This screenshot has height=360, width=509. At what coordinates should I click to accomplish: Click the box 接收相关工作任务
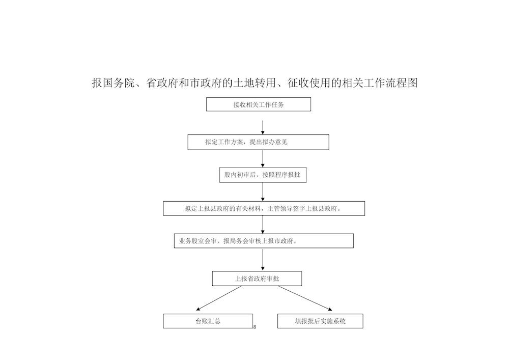[259, 104]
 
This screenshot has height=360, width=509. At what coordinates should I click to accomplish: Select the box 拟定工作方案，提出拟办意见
[258, 142]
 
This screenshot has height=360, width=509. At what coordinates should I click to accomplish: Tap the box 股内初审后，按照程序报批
[263, 175]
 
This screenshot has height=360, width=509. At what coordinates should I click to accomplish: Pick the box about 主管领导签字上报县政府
[264, 208]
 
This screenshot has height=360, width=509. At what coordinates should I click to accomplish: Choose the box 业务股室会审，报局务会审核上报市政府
[264, 241]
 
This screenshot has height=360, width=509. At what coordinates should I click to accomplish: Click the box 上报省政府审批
[257, 279]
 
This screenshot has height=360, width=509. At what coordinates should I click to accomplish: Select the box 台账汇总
[208, 321]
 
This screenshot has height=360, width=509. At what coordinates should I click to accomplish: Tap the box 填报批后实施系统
[320, 321]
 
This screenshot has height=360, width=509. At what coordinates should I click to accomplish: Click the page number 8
[254, 327]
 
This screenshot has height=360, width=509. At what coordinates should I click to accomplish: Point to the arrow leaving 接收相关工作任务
[263, 128]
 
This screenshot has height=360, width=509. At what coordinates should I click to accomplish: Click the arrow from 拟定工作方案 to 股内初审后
[263, 159]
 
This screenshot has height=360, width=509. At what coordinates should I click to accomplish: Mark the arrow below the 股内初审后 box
[263, 192]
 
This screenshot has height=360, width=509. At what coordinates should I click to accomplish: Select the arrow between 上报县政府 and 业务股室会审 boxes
[263, 225]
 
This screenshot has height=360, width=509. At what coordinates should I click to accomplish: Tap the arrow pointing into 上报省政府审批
[263, 260]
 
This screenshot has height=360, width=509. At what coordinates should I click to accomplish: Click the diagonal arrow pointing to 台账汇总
[219, 298]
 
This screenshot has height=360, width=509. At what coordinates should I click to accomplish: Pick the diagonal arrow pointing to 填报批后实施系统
[305, 298]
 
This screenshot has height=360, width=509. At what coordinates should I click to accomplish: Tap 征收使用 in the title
[309, 83]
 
